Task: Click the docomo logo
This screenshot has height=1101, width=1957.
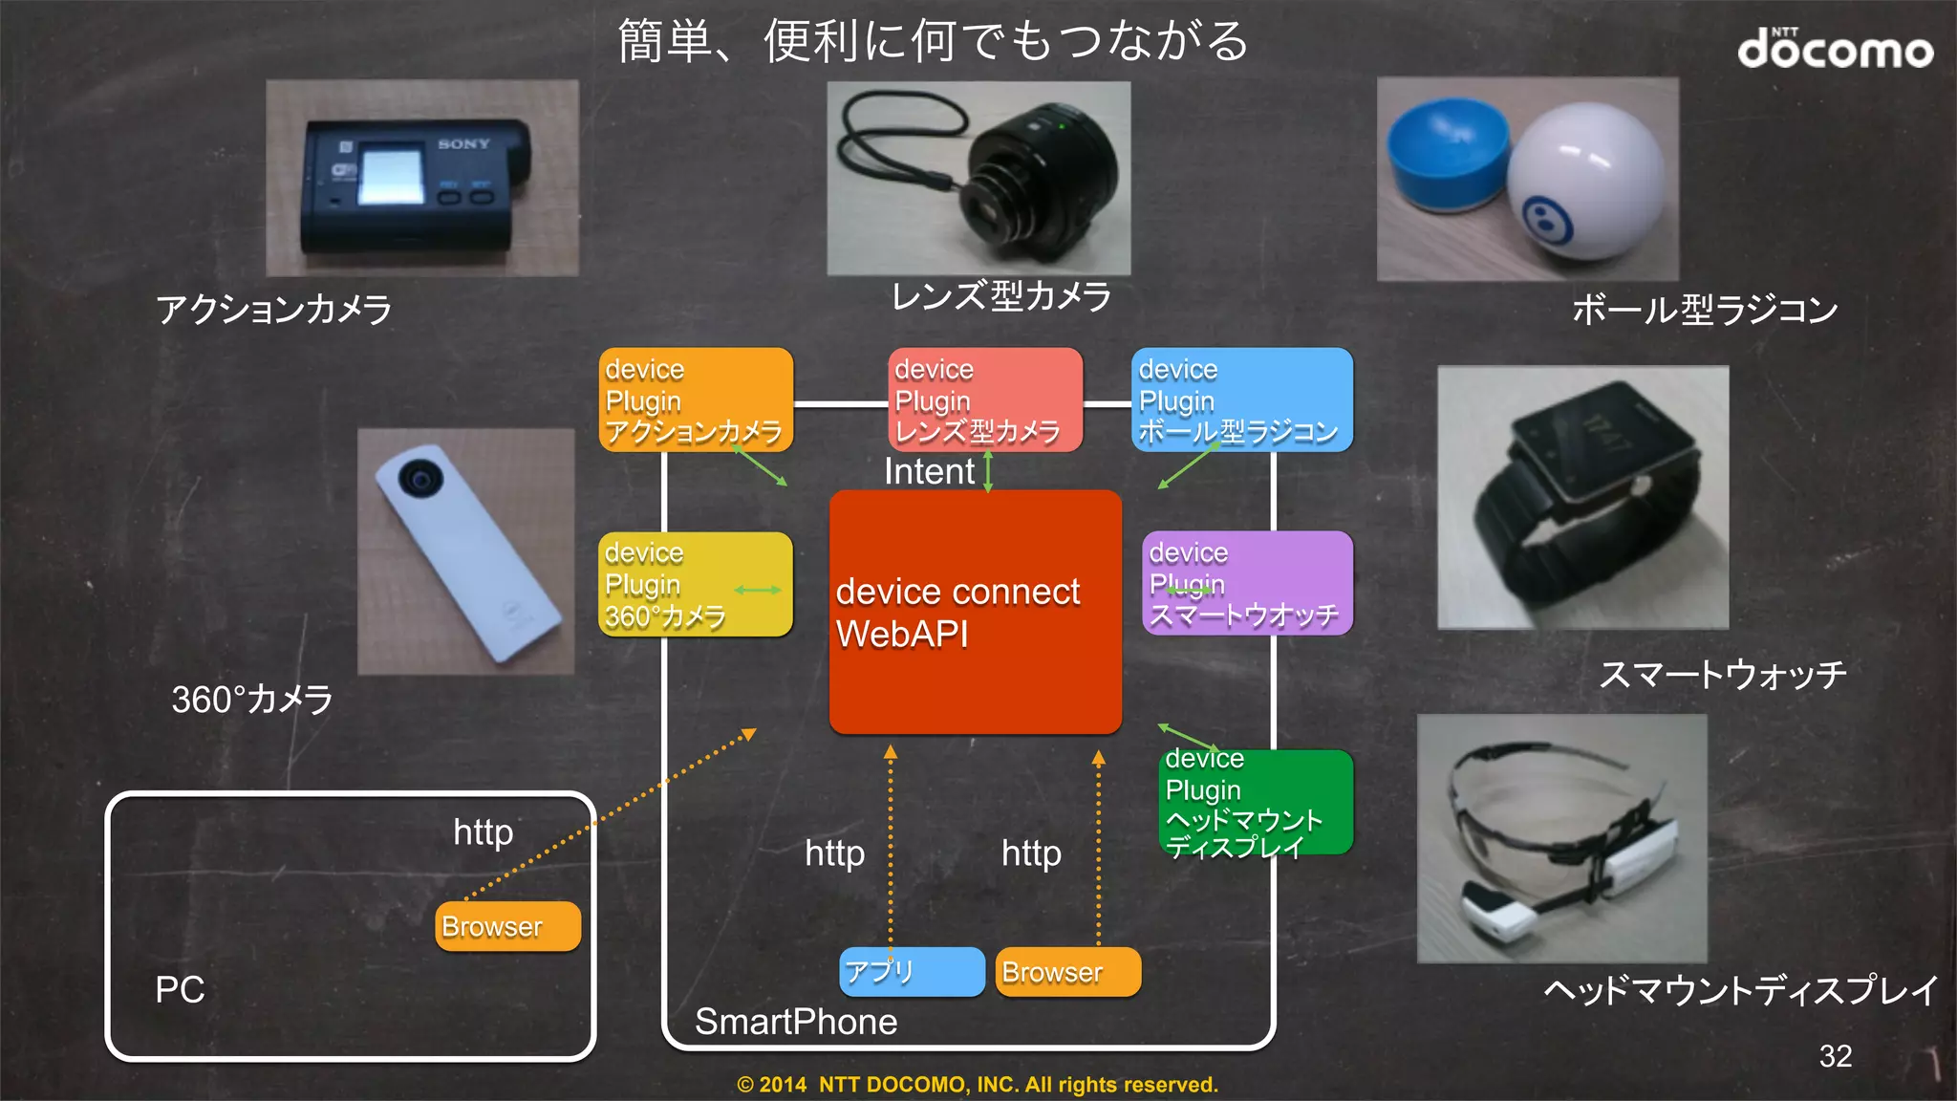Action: pyautogui.click(x=1835, y=49)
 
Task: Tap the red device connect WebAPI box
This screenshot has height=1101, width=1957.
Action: pyautogui.click(x=975, y=612)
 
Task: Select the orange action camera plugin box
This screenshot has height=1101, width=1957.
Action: pyautogui.click(x=696, y=399)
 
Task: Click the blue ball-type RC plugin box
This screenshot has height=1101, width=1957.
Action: pyautogui.click(x=1241, y=399)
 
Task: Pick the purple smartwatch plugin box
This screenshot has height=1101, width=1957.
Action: pyautogui.click(x=1247, y=583)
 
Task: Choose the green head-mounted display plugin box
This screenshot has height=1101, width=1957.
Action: pyautogui.click(x=1256, y=803)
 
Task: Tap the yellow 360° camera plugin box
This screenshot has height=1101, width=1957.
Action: pyautogui.click(x=695, y=584)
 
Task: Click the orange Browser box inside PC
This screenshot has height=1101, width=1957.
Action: pyautogui.click(x=507, y=926)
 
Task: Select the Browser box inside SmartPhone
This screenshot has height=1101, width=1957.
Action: pyautogui.click(x=1067, y=972)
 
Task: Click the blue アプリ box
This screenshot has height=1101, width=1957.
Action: pyautogui.click(x=912, y=972)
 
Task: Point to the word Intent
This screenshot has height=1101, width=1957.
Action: pyautogui.click(x=929, y=471)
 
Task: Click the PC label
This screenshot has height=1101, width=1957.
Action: pyautogui.click(x=180, y=989)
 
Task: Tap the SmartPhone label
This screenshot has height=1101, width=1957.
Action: pyautogui.click(x=796, y=1022)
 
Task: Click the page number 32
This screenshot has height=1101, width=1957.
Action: pyautogui.click(x=1835, y=1055)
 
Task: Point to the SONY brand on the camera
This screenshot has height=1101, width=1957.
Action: pyautogui.click(x=464, y=144)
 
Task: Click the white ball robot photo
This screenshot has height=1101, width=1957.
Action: pyautogui.click(x=1586, y=182)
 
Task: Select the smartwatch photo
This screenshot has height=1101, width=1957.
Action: pyautogui.click(x=1582, y=497)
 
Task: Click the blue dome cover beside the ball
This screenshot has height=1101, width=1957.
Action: pyautogui.click(x=1447, y=153)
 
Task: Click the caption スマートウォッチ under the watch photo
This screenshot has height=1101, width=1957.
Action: pyautogui.click(x=1722, y=675)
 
